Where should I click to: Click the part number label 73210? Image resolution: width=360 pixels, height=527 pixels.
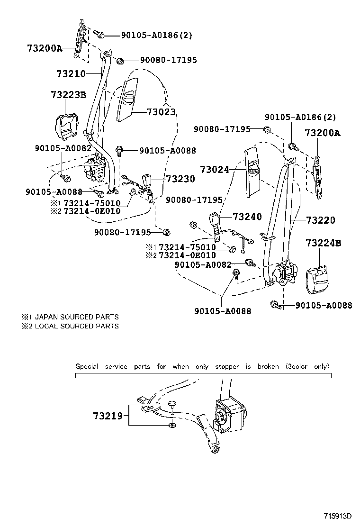pyautogui.click(x=71, y=73)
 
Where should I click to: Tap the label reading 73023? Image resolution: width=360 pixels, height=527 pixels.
pyautogui.click(x=161, y=112)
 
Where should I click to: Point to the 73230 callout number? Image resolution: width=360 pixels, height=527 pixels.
pyautogui.click(x=180, y=179)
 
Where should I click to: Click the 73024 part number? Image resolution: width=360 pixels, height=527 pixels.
pyautogui.click(x=214, y=169)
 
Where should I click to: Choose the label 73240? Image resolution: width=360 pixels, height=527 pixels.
pyautogui.click(x=247, y=217)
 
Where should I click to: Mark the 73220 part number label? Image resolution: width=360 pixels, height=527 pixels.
pyautogui.click(x=320, y=220)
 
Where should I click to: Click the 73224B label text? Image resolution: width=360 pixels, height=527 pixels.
pyautogui.click(x=323, y=243)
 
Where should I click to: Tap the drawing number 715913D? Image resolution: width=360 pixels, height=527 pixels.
pyautogui.click(x=339, y=516)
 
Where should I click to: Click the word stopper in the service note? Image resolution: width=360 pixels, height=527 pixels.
pyautogui.click(x=227, y=366)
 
